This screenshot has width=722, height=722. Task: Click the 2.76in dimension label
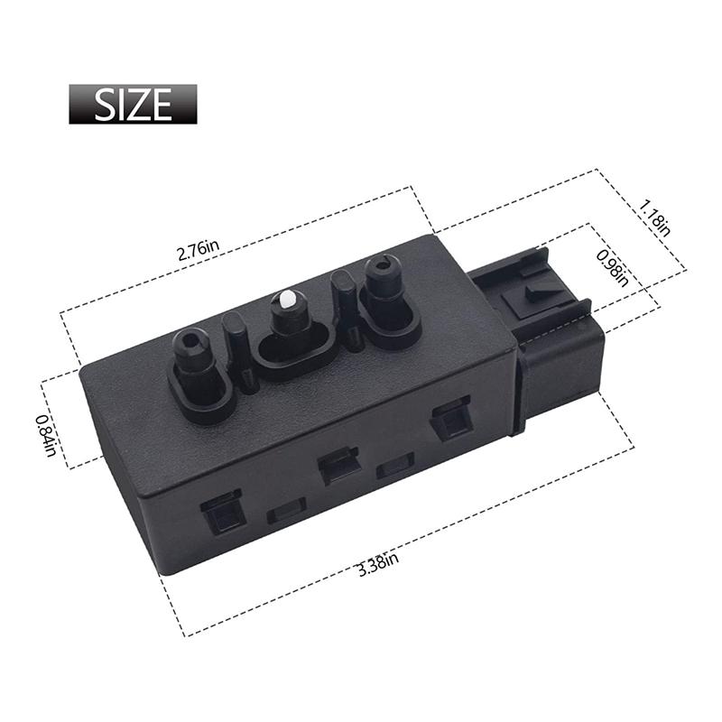[199, 250]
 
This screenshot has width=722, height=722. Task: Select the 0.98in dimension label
[613, 268]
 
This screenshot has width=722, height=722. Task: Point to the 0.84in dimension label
[47, 436]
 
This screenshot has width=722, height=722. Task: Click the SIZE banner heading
[133, 104]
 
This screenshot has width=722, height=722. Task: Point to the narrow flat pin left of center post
[239, 351]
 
